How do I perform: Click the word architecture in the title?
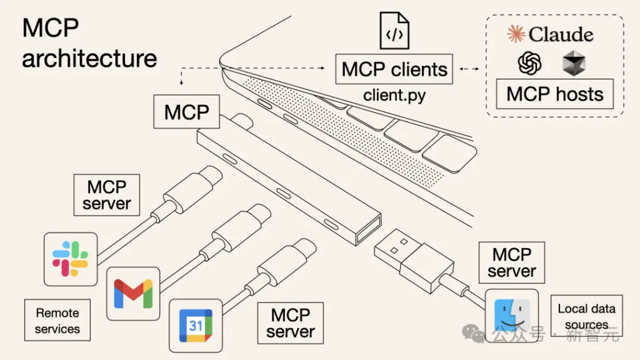pos(89,59)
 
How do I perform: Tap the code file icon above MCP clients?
pos(394,31)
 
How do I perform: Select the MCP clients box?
pos(394,69)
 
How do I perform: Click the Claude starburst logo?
pos(516,34)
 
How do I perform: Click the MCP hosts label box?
pos(555,94)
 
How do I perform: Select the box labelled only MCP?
pos(186,112)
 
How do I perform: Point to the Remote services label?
pos(57,320)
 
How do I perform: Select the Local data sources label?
pos(586,316)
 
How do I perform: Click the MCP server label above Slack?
pos(107,195)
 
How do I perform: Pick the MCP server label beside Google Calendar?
pos(291,322)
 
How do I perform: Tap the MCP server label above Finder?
pos(511,262)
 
